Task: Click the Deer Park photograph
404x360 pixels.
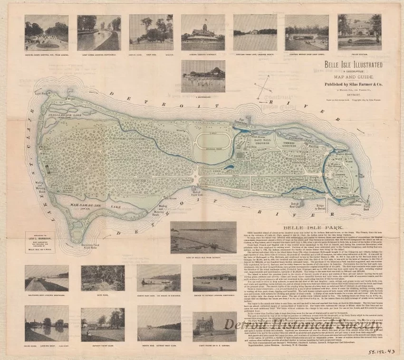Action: tap(116, 278)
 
